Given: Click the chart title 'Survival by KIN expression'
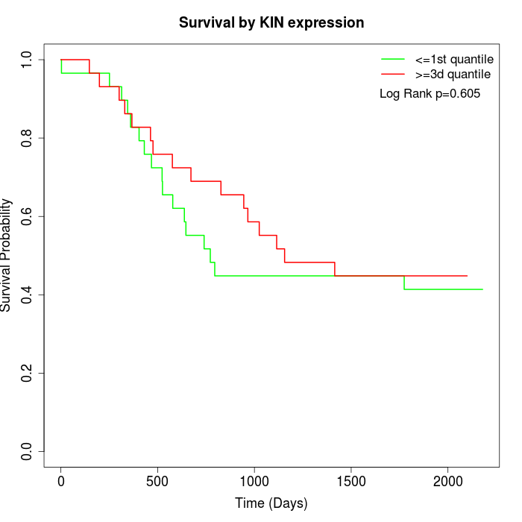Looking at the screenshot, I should [x=271, y=22].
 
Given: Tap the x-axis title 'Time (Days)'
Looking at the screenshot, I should [x=271, y=503].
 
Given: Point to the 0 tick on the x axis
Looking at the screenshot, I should [x=61, y=481].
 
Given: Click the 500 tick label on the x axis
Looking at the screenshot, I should [x=158, y=481].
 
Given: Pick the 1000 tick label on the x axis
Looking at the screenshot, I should [x=254, y=481].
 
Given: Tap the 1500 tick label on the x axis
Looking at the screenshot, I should [x=351, y=481].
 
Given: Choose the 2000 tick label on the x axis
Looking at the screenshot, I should [x=447, y=481].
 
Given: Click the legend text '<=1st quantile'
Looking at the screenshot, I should [x=454, y=59].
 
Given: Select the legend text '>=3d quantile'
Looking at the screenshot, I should [x=453, y=75].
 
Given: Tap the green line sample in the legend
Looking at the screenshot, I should [x=394, y=59].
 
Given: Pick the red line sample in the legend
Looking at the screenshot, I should [x=394, y=75].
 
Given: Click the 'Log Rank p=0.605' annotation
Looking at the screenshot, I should [x=430, y=94].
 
